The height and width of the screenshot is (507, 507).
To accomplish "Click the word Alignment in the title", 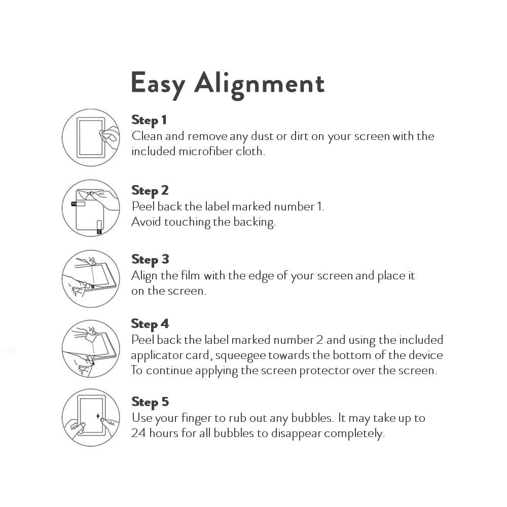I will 259,84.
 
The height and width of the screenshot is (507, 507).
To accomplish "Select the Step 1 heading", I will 149,120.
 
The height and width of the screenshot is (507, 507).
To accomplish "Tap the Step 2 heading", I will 150,191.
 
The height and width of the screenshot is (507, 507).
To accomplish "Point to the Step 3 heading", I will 150,260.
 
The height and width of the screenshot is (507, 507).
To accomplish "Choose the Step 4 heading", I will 150,324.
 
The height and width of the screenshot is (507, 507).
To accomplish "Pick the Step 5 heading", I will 150,402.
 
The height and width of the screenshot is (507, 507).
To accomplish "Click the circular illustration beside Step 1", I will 91,137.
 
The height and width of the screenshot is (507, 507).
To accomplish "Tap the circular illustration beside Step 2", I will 91,208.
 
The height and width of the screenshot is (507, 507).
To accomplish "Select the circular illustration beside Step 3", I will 91,278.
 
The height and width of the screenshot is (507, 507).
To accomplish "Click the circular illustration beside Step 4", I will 91,349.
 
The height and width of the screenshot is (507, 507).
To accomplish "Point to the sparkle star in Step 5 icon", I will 98,416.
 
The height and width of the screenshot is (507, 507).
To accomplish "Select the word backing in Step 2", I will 254,222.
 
